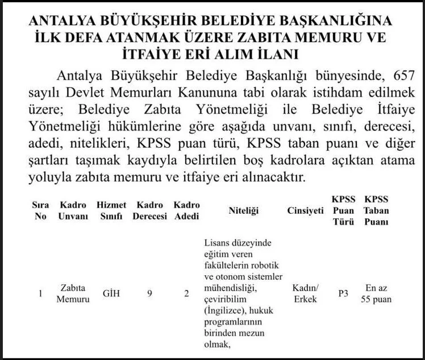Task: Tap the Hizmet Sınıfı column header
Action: (111, 210)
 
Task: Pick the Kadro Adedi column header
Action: (186, 210)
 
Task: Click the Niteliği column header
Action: (243, 211)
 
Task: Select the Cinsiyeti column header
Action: (305, 211)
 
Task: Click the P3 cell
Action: (343, 294)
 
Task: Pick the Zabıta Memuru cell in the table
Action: (73, 294)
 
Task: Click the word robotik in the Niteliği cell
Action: (262, 266)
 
